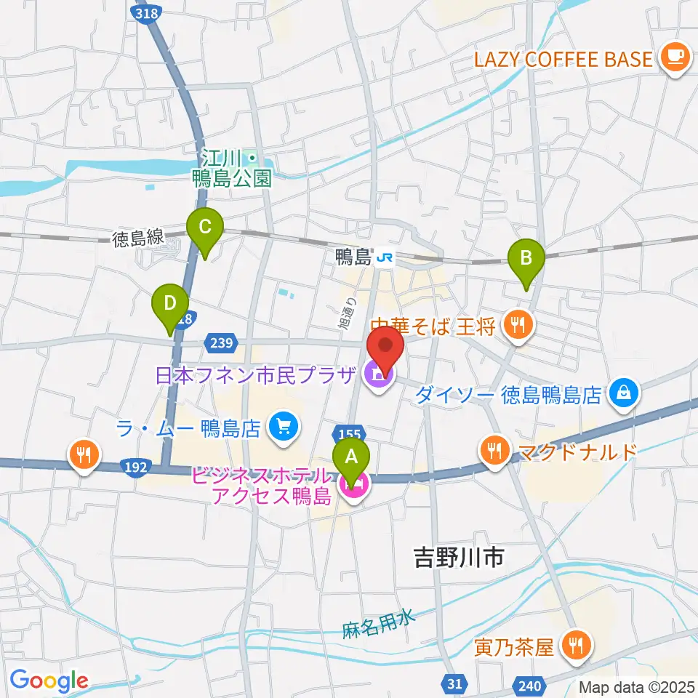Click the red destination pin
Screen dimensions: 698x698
tap(385, 347)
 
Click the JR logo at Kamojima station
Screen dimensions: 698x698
tap(385, 257)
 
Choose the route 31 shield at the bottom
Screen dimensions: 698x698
tap(454, 683)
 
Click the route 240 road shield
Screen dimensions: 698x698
tap(531, 683)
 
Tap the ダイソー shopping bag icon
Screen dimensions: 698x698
tap(624, 393)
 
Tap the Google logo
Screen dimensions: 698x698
tap(49, 681)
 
